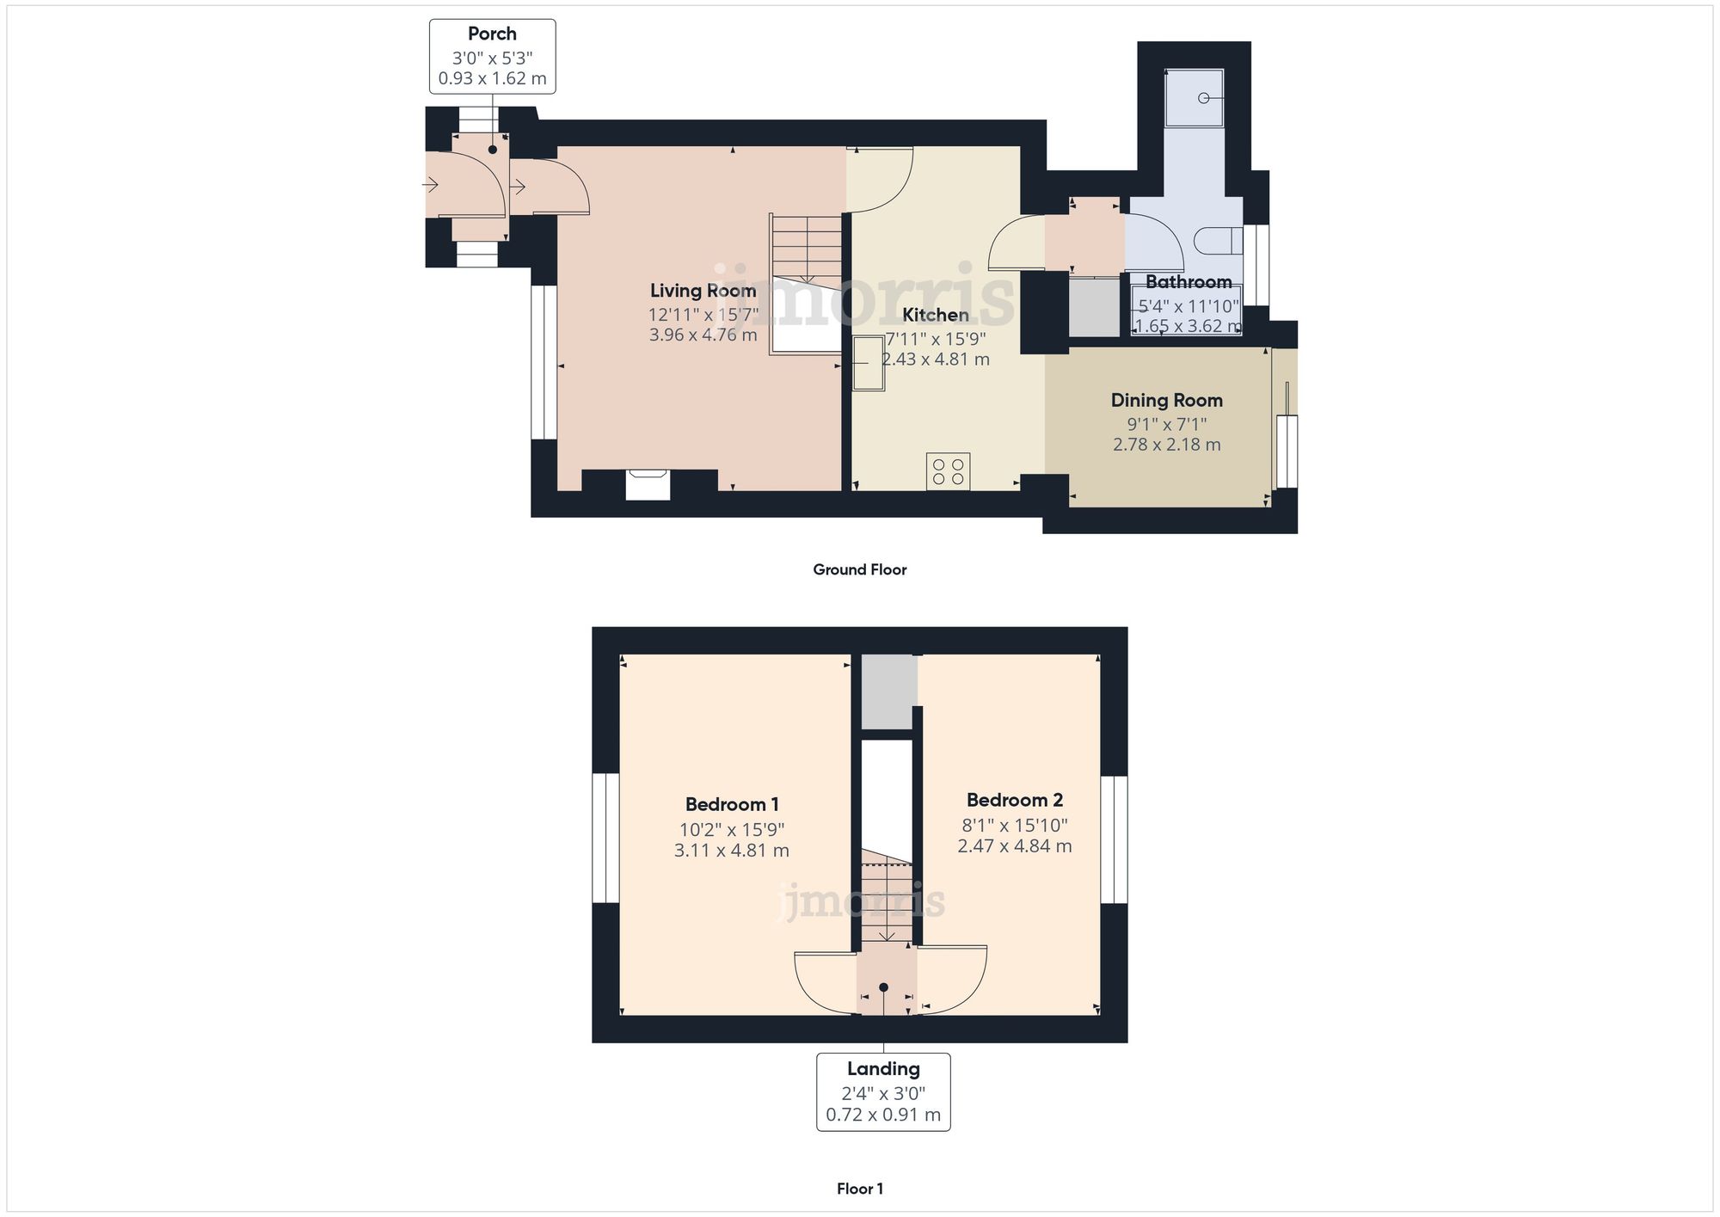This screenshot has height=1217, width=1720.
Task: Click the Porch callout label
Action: point(492,56)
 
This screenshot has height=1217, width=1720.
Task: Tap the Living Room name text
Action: point(703,291)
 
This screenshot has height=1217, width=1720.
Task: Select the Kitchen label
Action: point(935,315)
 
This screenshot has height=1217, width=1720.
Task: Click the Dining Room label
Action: point(1166,400)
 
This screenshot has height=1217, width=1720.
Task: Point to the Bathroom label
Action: point(1188,282)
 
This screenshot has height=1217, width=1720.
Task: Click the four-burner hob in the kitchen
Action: point(948,471)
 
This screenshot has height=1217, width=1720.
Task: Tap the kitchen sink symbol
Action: point(868,363)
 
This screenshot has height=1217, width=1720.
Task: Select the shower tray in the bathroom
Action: point(1194,97)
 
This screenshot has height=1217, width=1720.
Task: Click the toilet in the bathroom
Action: point(1218,241)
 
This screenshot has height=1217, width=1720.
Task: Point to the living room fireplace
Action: point(647,483)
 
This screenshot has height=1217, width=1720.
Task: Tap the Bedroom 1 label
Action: point(732,805)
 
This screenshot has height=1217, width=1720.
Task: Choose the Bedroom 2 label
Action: point(1014,801)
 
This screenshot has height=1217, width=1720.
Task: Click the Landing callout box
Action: point(883,1091)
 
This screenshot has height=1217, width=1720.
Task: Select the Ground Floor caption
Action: point(859,569)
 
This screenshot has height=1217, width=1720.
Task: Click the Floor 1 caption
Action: point(859,1189)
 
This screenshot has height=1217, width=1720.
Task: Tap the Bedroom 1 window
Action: point(605,839)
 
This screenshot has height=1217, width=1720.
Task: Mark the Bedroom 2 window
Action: point(1114,839)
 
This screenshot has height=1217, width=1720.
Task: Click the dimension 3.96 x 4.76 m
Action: point(703,335)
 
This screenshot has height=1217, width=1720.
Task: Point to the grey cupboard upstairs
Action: point(888,691)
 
